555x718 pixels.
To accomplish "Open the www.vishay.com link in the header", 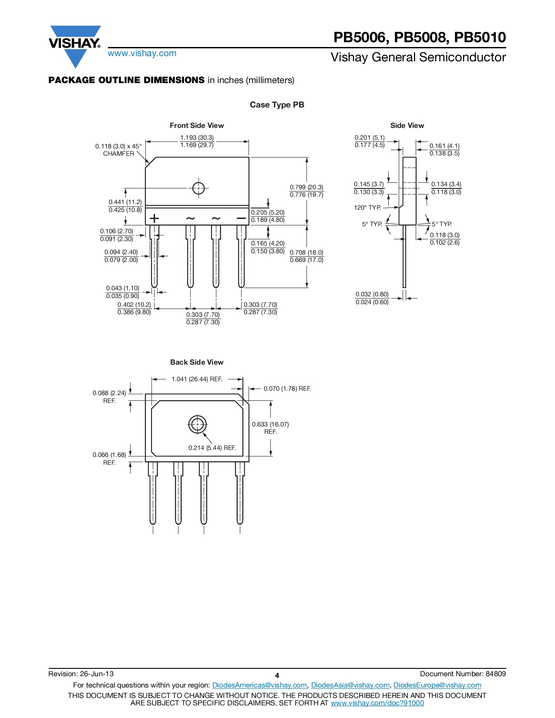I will [x=142, y=54].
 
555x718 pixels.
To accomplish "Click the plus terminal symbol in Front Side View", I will [x=154, y=218].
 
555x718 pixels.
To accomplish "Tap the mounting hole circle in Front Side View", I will [x=198, y=188].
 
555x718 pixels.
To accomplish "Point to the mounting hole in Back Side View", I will [x=197, y=424].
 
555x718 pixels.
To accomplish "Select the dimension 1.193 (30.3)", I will [x=197, y=138].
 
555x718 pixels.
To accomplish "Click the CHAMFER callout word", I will [x=118, y=154].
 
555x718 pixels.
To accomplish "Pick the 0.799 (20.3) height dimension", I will [x=306, y=187].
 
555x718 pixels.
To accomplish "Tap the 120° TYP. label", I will [x=367, y=208].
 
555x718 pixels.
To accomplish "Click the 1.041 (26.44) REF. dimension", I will [x=197, y=379].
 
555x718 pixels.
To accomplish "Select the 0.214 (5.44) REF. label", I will [x=212, y=448].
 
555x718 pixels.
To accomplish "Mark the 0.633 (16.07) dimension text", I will [x=270, y=424].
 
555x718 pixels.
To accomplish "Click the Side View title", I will [x=407, y=125].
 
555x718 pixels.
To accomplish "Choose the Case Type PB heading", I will [x=277, y=105].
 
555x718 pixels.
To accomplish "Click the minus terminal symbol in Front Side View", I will [x=241, y=218].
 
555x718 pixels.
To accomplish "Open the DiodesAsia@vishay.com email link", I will [x=350, y=685].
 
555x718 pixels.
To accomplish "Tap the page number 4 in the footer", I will [x=277, y=675].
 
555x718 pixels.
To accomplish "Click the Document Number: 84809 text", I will [x=463, y=674].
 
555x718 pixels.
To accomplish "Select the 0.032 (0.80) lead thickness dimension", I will [x=372, y=295].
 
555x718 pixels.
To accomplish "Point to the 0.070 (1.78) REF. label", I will [x=287, y=389].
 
